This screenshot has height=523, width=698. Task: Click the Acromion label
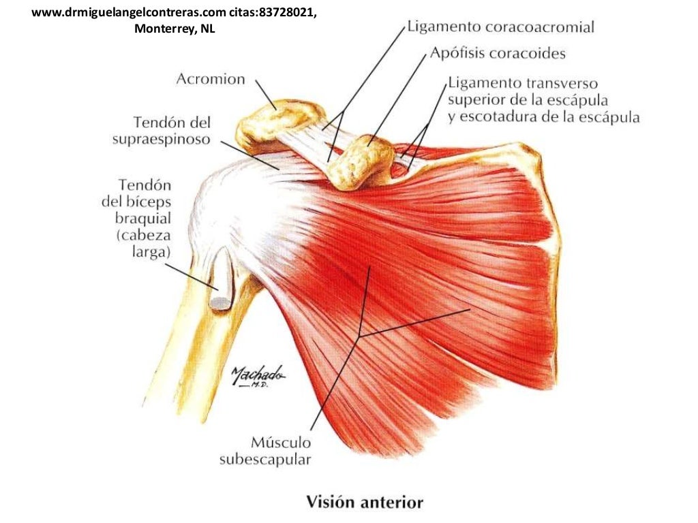[x=211, y=79]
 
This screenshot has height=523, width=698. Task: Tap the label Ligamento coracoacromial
[x=501, y=27]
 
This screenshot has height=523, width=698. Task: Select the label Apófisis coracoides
[x=498, y=53]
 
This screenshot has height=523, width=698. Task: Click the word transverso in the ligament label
[x=562, y=83]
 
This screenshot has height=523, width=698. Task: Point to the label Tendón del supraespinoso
[x=162, y=131]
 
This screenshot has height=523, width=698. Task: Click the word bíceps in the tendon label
[x=148, y=202]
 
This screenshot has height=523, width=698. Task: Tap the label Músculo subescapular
[x=265, y=451]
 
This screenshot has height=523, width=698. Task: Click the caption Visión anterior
[x=365, y=502]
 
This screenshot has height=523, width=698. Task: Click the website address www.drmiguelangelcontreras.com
[x=129, y=12]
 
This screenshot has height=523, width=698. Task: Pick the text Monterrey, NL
[x=174, y=29]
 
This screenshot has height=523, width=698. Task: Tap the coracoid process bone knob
[x=361, y=162]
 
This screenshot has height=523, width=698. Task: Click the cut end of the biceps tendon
[x=220, y=304]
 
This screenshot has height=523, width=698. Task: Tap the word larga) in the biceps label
[x=151, y=252]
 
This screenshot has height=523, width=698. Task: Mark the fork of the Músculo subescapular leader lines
[x=360, y=334]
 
